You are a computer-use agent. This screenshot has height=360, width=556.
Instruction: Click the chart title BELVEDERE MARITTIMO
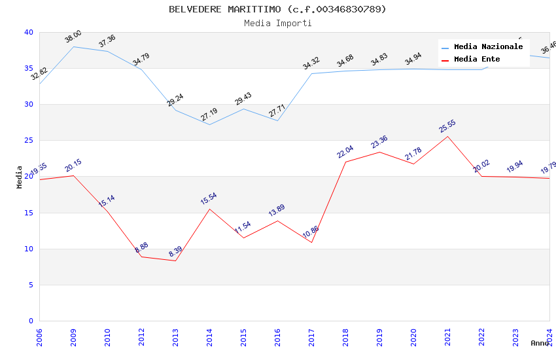(x=277, y=9)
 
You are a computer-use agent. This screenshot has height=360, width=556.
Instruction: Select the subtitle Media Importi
(x=277, y=23)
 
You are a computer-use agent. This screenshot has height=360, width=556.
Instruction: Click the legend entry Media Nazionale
(x=488, y=47)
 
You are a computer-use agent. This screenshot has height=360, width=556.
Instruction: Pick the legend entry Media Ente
(x=477, y=60)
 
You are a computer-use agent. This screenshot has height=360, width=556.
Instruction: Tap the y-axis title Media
(x=20, y=177)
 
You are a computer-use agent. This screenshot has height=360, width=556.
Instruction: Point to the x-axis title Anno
(x=540, y=343)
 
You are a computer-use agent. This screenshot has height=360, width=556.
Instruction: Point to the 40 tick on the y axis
(x=28, y=32)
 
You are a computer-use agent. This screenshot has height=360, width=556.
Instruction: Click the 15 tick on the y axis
(x=28, y=213)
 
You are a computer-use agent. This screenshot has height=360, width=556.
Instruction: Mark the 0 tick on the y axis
(x=31, y=321)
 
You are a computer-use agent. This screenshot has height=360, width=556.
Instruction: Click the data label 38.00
(x=73, y=37)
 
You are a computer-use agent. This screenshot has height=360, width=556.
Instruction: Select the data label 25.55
(x=447, y=126)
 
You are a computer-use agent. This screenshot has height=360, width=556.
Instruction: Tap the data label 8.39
(x=175, y=252)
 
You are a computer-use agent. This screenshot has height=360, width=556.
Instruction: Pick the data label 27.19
(x=209, y=115)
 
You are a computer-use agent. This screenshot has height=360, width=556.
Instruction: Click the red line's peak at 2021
(x=447, y=136)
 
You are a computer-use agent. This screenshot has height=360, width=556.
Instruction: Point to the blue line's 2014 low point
(x=209, y=124)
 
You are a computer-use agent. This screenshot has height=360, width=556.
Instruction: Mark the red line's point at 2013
(x=175, y=261)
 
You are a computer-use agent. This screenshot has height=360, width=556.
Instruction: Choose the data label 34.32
(x=311, y=63)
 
